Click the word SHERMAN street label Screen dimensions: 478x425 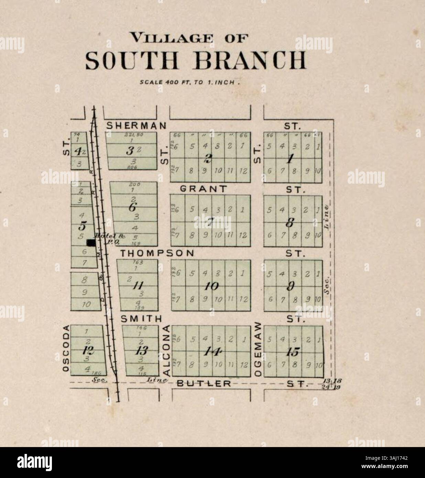tap(136, 126)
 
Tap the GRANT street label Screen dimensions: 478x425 tap(204, 189)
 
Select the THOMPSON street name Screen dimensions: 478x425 tap(157, 253)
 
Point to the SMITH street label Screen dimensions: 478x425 tap(141, 319)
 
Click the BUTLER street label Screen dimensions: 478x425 tap(204, 383)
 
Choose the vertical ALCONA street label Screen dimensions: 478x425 tap(166, 350)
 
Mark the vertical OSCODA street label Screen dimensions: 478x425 tap(66, 348)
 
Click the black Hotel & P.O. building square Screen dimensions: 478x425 tap(91, 243)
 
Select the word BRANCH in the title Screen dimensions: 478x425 tap(250, 61)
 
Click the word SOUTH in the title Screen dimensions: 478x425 tap(132, 61)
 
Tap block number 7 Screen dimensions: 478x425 tap(210, 222)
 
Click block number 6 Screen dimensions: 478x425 tap(133, 207)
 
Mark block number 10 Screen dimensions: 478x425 tap(211, 286)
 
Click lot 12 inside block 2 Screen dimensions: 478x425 tap(243, 171)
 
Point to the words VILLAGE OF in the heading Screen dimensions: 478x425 tap(188, 37)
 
